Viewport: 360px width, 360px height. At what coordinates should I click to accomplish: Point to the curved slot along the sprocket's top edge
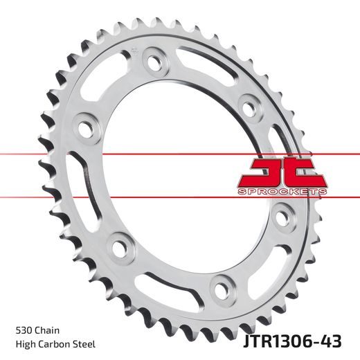(x=208, y=59)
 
